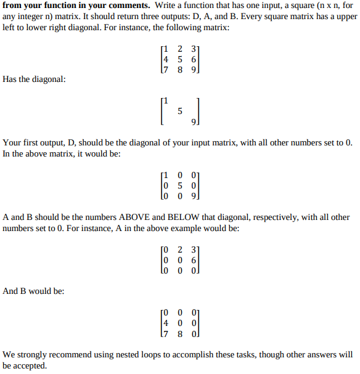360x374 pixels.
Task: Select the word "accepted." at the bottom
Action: [x=32, y=366]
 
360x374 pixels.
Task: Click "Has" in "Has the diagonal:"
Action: [x=10, y=79]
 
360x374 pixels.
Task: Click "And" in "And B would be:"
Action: [x=12, y=291]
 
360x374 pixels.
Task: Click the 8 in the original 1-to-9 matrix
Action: [x=179, y=70]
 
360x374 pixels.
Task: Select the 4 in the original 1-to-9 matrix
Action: [x=165, y=59]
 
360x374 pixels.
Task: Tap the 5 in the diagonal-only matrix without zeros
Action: [x=179, y=112]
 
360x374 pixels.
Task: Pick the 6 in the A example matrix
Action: [x=194, y=260]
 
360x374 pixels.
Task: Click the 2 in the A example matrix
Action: [x=179, y=250]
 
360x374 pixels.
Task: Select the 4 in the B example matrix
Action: [x=165, y=323]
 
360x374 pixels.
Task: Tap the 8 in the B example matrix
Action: [x=179, y=334]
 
